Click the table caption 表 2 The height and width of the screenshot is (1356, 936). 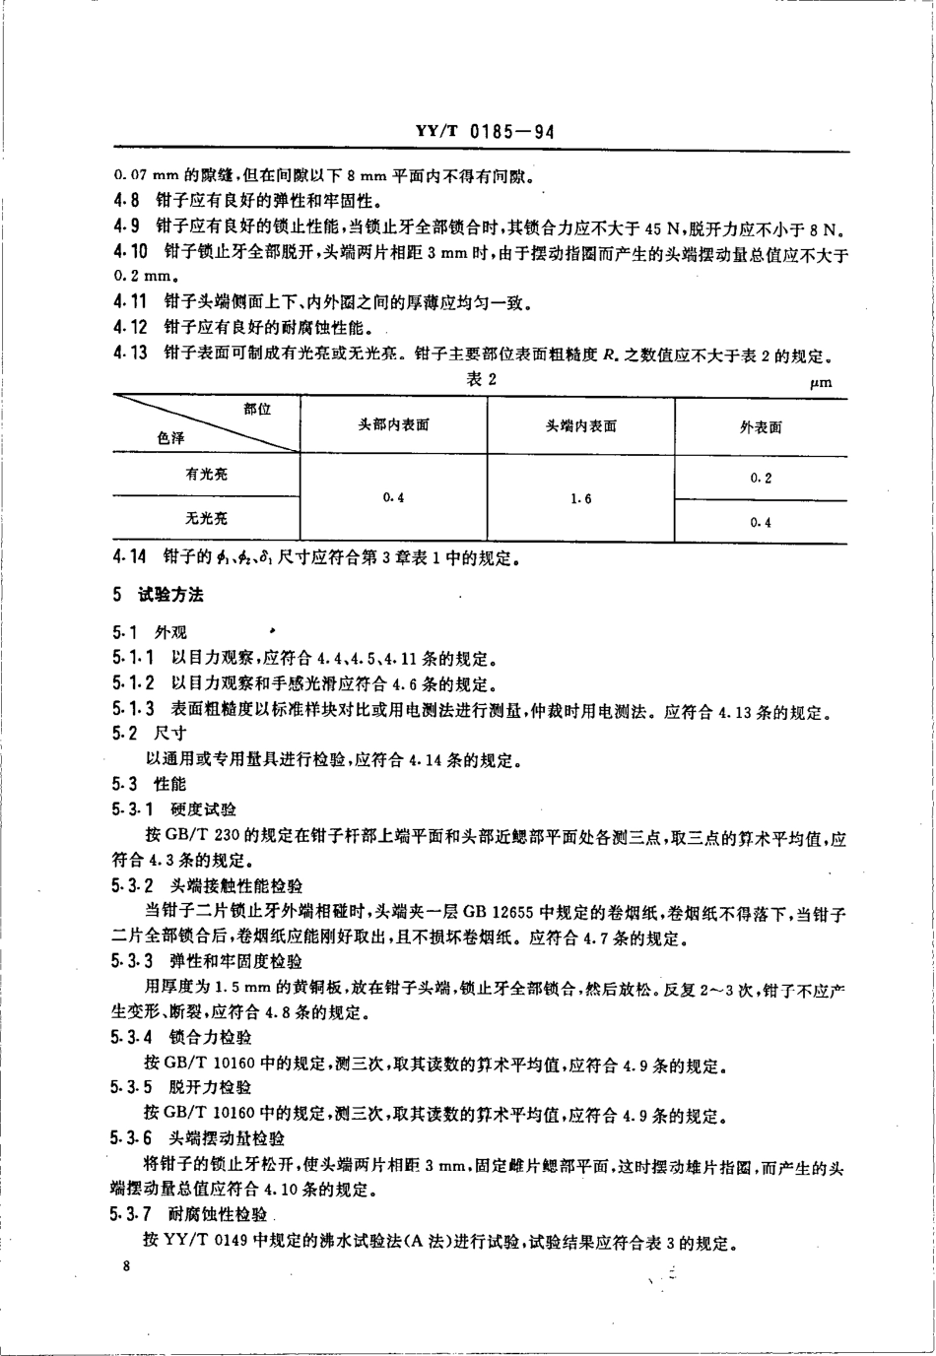click(478, 380)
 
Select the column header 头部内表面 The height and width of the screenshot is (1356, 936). click(393, 425)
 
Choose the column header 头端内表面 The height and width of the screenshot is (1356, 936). click(581, 425)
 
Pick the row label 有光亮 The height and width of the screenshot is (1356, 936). click(206, 474)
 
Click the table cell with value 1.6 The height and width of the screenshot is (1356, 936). click(581, 498)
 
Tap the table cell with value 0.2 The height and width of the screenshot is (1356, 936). click(761, 478)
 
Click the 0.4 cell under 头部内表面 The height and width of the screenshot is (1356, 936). click(393, 497)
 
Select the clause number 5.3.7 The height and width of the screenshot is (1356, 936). click(132, 1215)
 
